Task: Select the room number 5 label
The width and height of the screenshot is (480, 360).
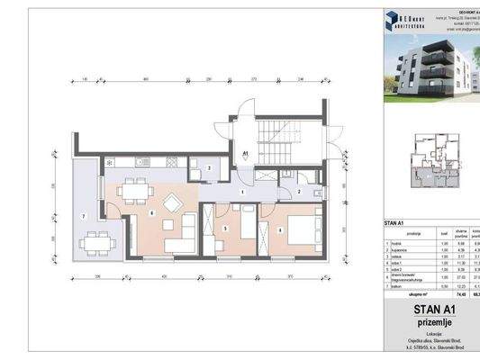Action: [x=225, y=229]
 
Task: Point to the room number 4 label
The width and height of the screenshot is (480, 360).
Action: [x=281, y=229]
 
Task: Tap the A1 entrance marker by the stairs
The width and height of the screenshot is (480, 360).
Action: [x=246, y=155]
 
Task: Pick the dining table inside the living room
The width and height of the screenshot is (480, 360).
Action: [x=137, y=191]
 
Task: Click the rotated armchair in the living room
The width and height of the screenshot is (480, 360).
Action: [x=171, y=200]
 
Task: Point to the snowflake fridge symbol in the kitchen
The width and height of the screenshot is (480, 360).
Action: [x=109, y=163]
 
